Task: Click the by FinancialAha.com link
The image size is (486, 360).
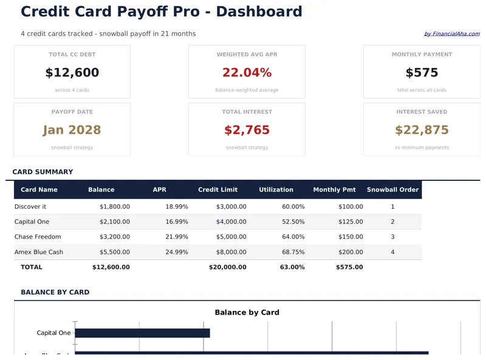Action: (451, 34)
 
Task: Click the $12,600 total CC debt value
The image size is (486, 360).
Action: (72, 73)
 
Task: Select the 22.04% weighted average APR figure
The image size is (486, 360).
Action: (247, 73)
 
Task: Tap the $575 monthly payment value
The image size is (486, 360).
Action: (422, 73)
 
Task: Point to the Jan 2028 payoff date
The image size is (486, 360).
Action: (72, 130)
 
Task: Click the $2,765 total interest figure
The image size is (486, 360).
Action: (247, 130)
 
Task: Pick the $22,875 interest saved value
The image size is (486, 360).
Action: (422, 130)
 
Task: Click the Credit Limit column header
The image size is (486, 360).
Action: (217, 189)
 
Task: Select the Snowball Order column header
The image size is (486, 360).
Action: (392, 189)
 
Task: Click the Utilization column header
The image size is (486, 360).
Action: (276, 189)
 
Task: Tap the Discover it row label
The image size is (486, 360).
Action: (30, 206)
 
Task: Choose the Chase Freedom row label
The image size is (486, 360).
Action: (38, 237)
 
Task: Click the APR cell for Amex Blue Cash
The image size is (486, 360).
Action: (176, 252)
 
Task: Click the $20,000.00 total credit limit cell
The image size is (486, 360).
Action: (227, 267)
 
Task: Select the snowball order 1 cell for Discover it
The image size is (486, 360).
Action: (392, 206)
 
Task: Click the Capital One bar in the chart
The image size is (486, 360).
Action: (142, 333)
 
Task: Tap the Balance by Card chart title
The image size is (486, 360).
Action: (247, 313)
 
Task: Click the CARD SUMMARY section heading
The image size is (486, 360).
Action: (43, 172)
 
